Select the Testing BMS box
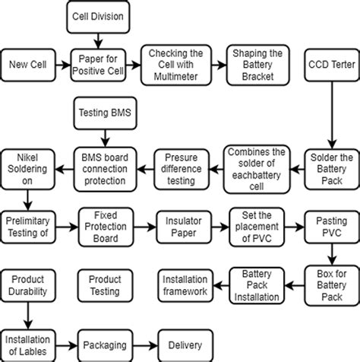(x=104, y=113)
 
